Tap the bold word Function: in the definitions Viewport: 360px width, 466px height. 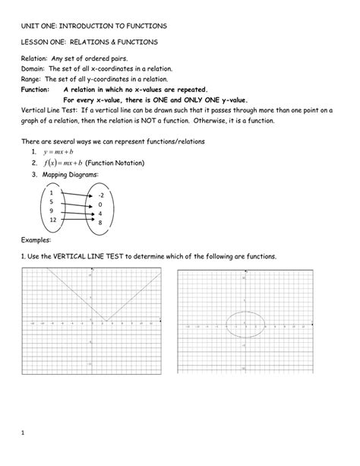click(x=37, y=88)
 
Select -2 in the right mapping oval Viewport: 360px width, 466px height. click(x=100, y=195)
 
